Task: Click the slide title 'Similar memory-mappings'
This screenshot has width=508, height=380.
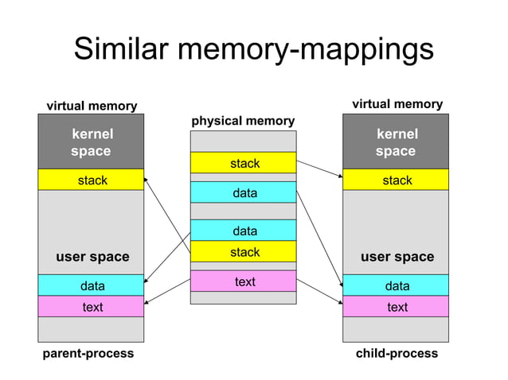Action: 253,49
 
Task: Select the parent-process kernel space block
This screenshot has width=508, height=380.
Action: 91,142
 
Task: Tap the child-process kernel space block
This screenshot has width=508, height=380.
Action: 396,142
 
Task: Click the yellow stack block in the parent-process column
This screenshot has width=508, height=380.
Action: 91,180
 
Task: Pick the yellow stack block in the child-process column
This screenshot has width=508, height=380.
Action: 396,180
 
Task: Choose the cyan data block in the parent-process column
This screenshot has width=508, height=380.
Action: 91,285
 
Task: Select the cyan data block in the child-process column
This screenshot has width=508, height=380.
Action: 396,285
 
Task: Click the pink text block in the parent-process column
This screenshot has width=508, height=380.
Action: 91,307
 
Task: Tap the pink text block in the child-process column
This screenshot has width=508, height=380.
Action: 396,307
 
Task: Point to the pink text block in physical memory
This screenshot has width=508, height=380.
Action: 244,281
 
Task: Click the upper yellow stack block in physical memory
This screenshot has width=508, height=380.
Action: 244,163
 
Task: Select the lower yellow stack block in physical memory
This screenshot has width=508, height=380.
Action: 244,252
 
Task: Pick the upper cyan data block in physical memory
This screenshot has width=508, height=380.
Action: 244,192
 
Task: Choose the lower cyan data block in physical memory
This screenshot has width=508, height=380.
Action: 244,231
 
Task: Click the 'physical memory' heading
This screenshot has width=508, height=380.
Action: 243,121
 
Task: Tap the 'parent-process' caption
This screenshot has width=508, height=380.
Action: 88,353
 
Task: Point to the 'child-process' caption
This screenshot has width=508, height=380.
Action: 397,353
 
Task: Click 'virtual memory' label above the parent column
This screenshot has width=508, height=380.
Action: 92,106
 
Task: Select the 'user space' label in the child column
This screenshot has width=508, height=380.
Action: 397,257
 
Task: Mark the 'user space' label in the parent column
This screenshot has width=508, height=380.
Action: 92,257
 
